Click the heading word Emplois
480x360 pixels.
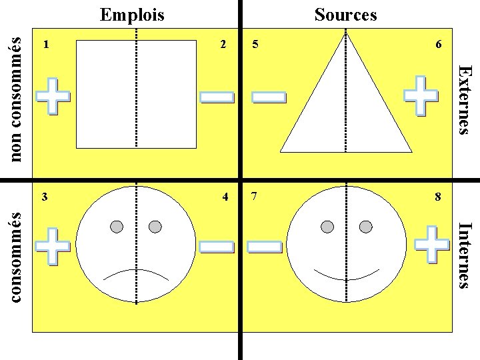(x=132, y=14)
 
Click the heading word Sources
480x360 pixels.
(x=345, y=14)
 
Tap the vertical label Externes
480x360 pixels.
(x=467, y=99)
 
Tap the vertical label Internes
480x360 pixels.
(x=467, y=255)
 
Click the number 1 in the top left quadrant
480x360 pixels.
(x=45, y=45)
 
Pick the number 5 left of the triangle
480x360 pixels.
(x=256, y=45)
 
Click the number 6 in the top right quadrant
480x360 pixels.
(x=438, y=45)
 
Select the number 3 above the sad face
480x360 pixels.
(x=45, y=197)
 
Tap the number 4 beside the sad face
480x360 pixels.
(x=226, y=197)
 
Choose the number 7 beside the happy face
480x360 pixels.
(x=255, y=197)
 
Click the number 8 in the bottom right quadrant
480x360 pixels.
(x=438, y=197)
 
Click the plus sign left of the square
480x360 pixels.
(x=53, y=97)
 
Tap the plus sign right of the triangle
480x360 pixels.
(x=422, y=97)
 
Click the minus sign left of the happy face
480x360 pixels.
(x=265, y=247)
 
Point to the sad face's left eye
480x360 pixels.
(x=117, y=227)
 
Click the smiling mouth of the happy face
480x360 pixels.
(x=346, y=275)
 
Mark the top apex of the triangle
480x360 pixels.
(x=345, y=33)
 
